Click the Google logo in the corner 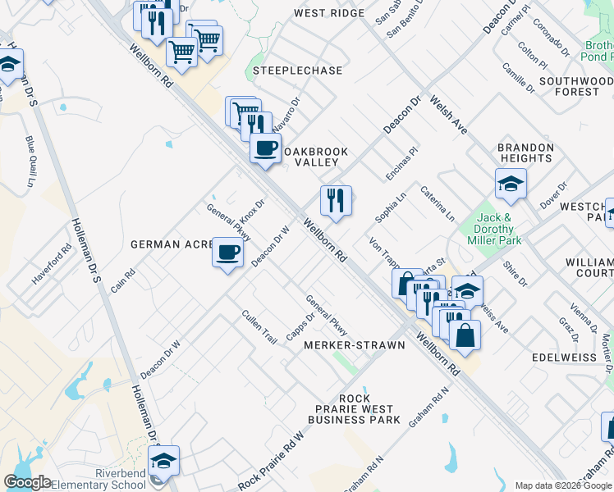(27, 482)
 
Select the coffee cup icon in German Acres (227, 251)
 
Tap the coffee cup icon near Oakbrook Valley (265, 148)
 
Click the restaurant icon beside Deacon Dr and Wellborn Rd (336, 201)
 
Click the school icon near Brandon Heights (511, 184)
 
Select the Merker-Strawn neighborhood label (355, 346)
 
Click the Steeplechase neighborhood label (297, 71)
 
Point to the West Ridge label (328, 14)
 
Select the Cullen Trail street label (259, 326)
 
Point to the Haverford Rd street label (53, 260)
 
